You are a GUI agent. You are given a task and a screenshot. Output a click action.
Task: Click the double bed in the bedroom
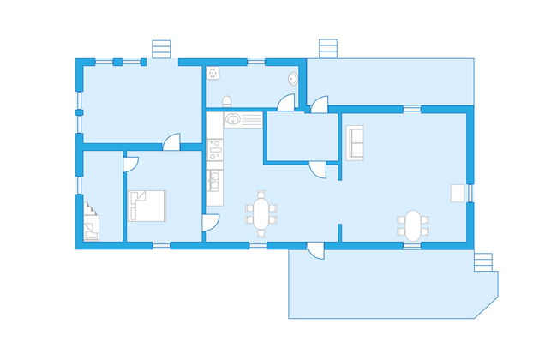[x=147, y=206]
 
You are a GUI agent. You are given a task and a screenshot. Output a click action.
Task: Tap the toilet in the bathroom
[x=226, y=101]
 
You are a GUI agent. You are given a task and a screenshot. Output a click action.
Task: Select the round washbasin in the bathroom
[x=293, y=77]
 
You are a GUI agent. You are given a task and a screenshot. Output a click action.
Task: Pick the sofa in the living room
[x=355, y=141]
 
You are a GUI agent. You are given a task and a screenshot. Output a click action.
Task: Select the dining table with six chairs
[x=261, y=213]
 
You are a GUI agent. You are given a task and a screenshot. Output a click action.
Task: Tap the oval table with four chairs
[x=413, y=225]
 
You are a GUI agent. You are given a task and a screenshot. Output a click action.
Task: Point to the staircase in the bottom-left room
[x=91, y=222]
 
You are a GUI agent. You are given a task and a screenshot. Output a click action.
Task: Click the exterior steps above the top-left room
[x=160, y=50]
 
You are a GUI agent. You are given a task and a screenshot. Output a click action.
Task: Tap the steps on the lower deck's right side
[x=484, y=261]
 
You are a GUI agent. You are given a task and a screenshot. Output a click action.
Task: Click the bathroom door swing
[x=287, y=102]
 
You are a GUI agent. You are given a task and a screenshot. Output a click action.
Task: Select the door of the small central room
[x=318, y=168]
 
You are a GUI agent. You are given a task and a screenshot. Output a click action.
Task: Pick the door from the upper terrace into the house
[x=319, y=105]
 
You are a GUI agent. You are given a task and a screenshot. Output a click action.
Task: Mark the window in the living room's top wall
[x=412, y=109]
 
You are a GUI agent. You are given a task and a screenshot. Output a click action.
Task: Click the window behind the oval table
[x=412, y=245]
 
